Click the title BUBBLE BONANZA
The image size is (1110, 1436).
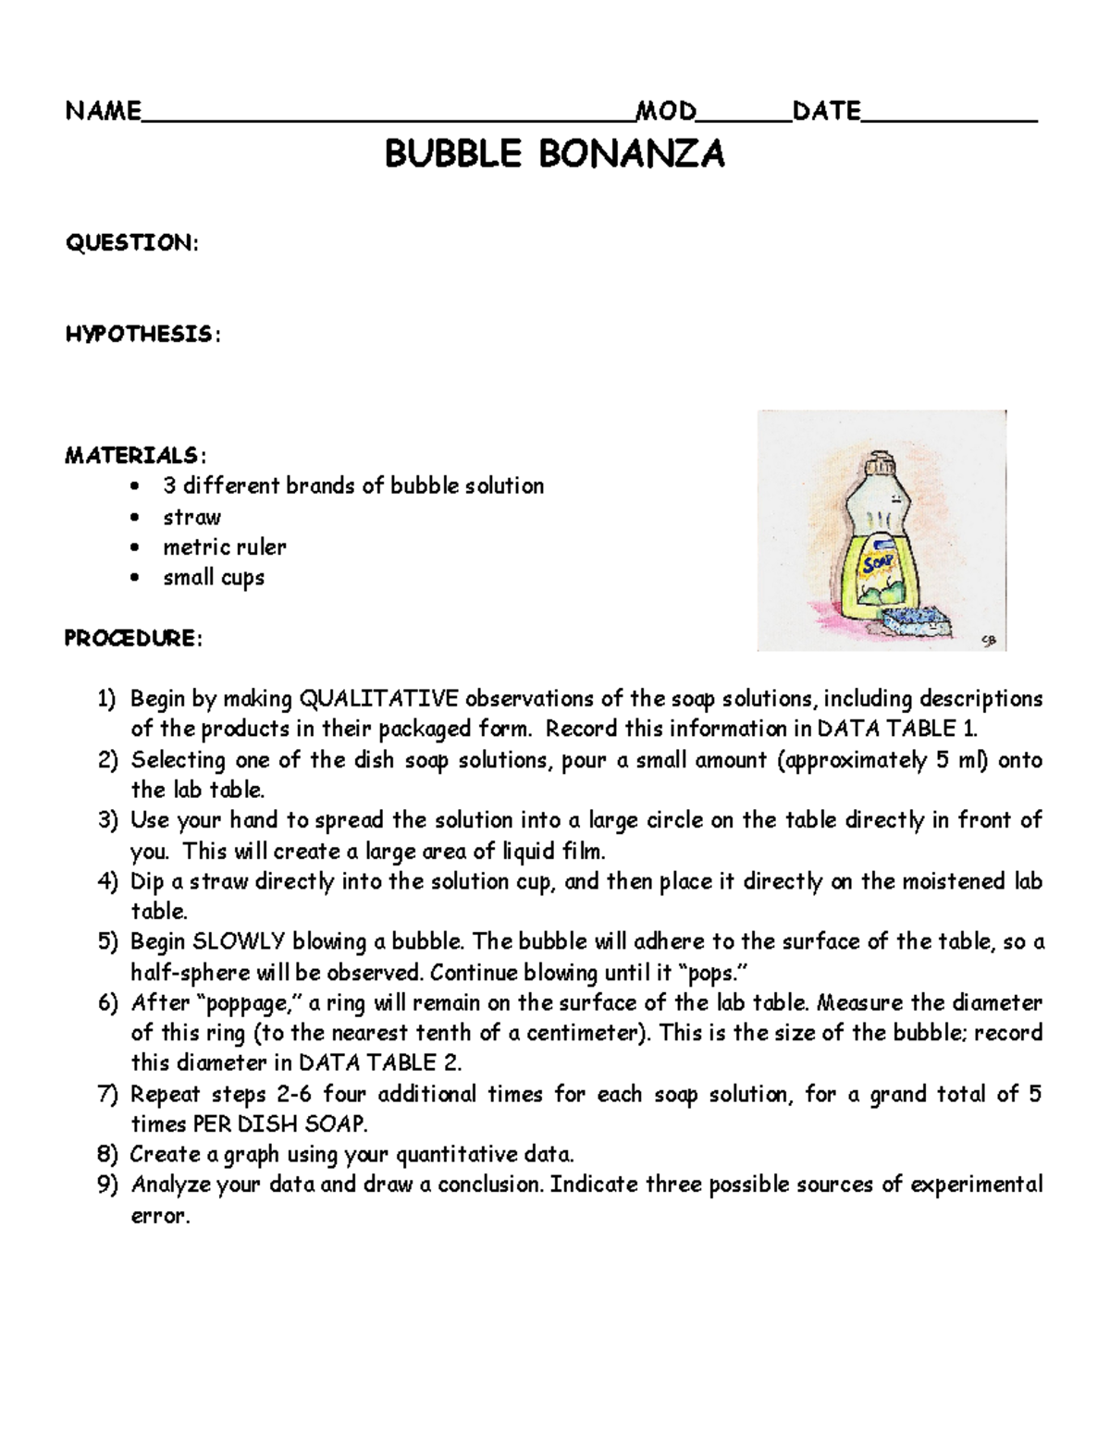pyautogui.click(x=554, y=154)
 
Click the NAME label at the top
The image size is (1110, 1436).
pyautogui.click(x=103, y=112)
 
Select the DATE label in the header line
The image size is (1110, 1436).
pyautogui.click(x=826, y=112)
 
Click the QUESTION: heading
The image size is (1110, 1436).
pyautogui.click(x=130, y=243)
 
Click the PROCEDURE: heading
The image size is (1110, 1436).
pyautogui.click(x=132, y=639)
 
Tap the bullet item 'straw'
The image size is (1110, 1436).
pyautogui.click(x=191, y=517)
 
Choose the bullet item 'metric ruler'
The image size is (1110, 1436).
pyautogui.click(x=224, y=547)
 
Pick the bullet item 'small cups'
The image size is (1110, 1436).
pyautogui.click(x=214, y=578)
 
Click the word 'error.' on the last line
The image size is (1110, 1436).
pyautogui.click(x=160, y=1217)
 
